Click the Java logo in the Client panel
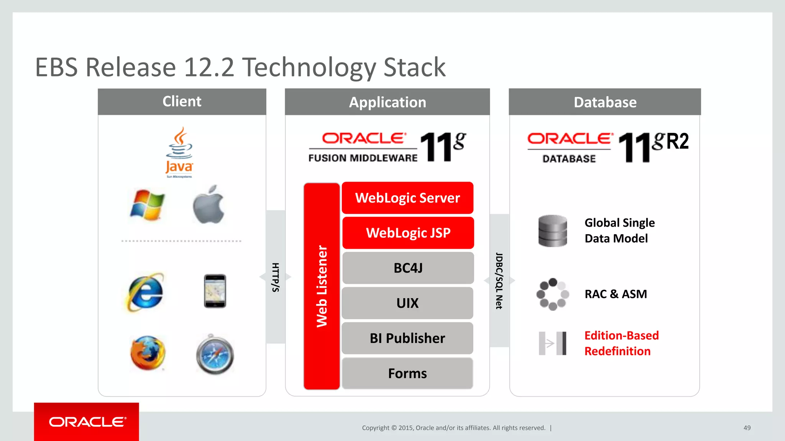click(x=179, y=153)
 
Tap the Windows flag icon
click(x=147, y=205)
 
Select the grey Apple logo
click(x=208, y=204)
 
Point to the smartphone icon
click(x=215, y=291)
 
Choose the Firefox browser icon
click(x=148, y=353)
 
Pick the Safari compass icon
click(x=215, y=354)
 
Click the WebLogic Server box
click(x=407, y=198)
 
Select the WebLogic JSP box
click(x=408, y=233)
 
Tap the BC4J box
click(x=408, y=268)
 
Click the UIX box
click(x=407, y=303)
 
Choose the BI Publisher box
click(x=407, y=338)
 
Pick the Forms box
click(x=407, y=373)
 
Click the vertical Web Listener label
click(x=322, y=286)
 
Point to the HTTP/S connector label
click(x=275, y=277)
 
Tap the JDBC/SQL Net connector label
click(x=499, y=281)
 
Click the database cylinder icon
click(x=552, y=231)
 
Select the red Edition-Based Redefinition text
click(x=621, y=343)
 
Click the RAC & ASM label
click(x=616, y=294)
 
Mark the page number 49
click(x=747, y=428)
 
